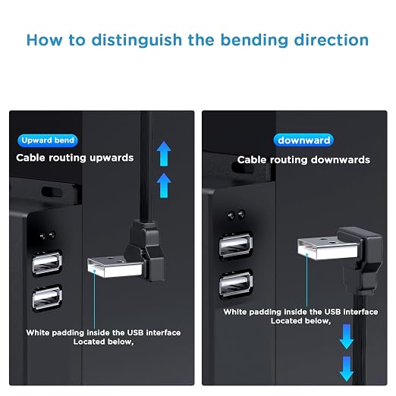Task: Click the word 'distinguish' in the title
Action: (x=137, y=41)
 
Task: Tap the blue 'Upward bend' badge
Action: (x=48, y=140)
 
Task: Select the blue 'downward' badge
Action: (x=303, y=140)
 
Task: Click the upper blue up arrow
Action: (x=164, y=153)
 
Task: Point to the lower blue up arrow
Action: (x=164, y=185)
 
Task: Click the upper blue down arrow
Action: (x=347, y=337)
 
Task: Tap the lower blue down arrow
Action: (x=347, y=369)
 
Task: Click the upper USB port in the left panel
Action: (x=47, y=263)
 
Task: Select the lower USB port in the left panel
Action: (x=47, y=298)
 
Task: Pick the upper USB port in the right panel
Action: (x=236, y=245)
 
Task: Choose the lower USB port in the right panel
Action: (x=236, y=283)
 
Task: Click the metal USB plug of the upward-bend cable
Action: (x=115, y=267)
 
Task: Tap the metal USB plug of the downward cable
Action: (x=328, y=248)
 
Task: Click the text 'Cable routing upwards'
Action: (x=75, y=158)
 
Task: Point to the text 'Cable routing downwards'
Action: (x=303, y=160)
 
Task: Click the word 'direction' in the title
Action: (x=332, y=40)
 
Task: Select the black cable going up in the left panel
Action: (x=145, y=167)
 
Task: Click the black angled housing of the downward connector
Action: (x=362, y=260)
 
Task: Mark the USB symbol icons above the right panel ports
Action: (x=236, y=215)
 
